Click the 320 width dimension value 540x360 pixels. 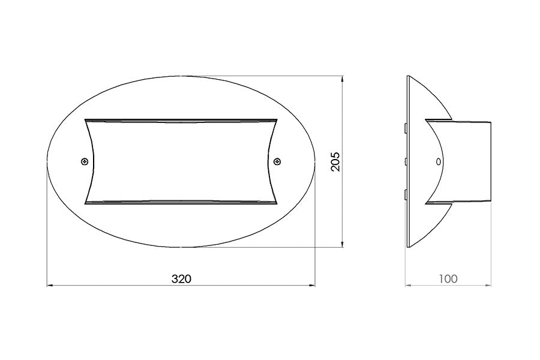pyautogui.click(x=181, y=278)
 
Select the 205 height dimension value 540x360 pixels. pyautogui.click(x=335, y=161)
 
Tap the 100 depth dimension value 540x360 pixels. pyautogui.click(x=448, y=278)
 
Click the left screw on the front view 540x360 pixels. pyautogui.click(x=85, y=161)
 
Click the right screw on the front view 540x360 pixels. pyautogui.click(x=277, y=161)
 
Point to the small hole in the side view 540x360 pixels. pyautogui.click(x=439, y=161)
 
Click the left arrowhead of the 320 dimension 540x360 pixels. pyautogui.click(x=50, y=285)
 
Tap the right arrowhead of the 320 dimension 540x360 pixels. pyautogui.click(x=313, y=285)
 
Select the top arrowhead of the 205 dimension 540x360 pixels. pyautogui.click(x=342, y=79)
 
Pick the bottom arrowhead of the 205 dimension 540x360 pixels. pyautogui.click(x=342, y=244)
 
